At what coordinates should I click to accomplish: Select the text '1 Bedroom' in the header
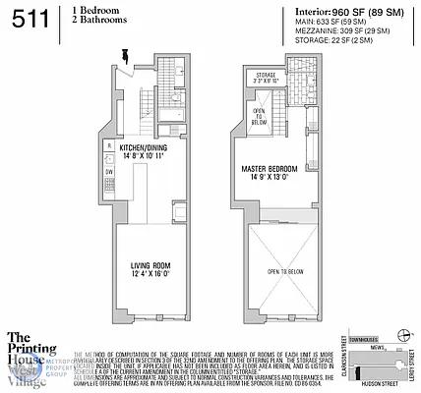click(x=93, y=10)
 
